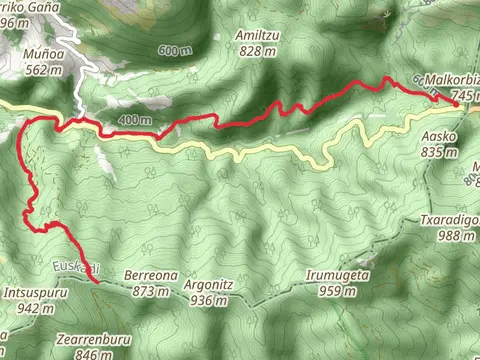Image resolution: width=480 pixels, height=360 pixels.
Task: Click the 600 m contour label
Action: tap(173, 51)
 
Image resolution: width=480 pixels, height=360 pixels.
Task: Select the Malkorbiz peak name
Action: tap(451, 77)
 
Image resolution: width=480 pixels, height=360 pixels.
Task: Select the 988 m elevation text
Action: tap(456, 236)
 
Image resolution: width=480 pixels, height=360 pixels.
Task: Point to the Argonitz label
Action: tap(210, 284)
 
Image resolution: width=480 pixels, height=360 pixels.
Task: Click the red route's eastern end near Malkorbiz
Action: tap(456, 103)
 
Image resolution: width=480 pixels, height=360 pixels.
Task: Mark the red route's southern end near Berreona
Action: tap(96, 282)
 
